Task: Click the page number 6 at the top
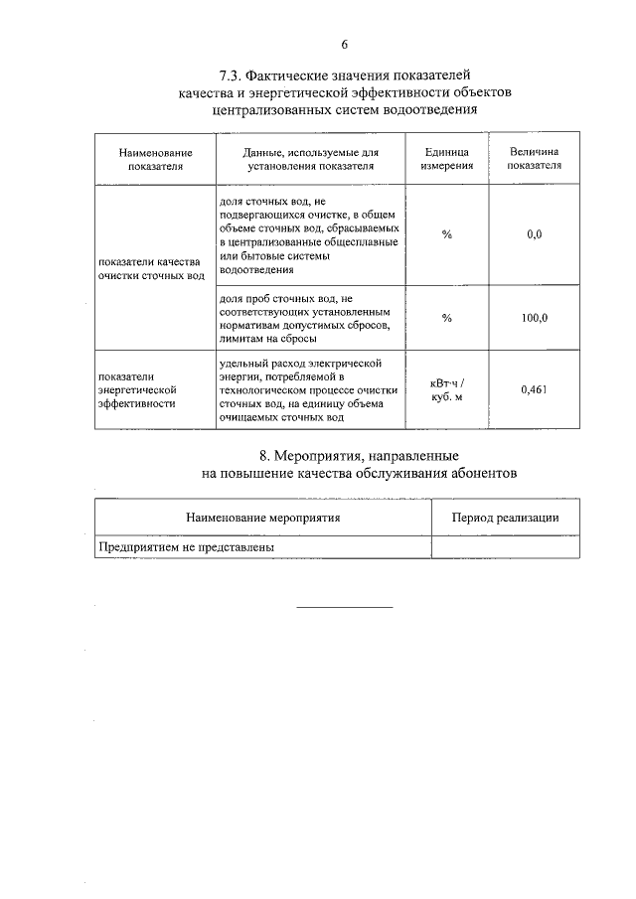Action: coord(345,44)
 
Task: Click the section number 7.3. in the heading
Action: coord(232,75)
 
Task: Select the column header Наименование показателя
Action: coord(155,160)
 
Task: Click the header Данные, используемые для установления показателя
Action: coord(311,160)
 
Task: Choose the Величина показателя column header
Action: coord(534,159)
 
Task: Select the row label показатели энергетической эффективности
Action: coord(137,390)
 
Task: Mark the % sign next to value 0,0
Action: coord(447,234)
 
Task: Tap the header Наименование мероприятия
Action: coord(263,518)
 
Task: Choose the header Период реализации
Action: coord(505,518)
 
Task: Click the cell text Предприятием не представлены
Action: coord(186,546)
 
